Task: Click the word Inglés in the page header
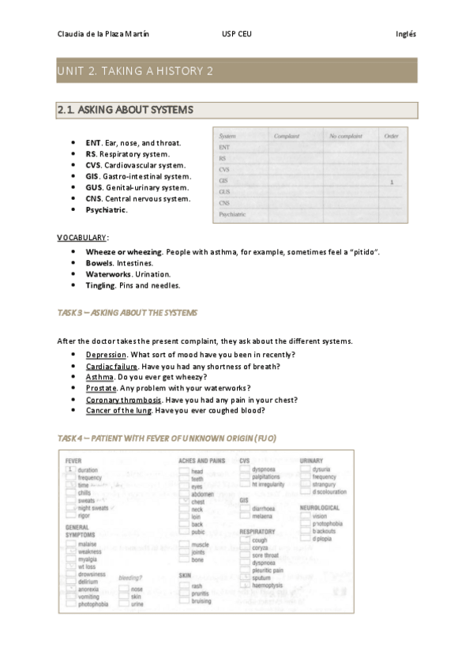[406, 34]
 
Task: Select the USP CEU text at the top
[237, 34]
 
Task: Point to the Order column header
[391, 137]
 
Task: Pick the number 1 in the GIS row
[392, 181]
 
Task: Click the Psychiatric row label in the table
[232, 214]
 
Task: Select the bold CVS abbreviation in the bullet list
[93, 165]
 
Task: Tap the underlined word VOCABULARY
[81, 237]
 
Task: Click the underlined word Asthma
[99, 377]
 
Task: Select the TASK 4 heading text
[166, 438]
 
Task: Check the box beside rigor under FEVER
[70, 514]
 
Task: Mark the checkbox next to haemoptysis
[245, 585]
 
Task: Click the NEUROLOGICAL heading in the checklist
[319, 507]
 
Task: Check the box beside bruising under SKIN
[184, 600]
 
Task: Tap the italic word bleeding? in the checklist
[130, 578]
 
